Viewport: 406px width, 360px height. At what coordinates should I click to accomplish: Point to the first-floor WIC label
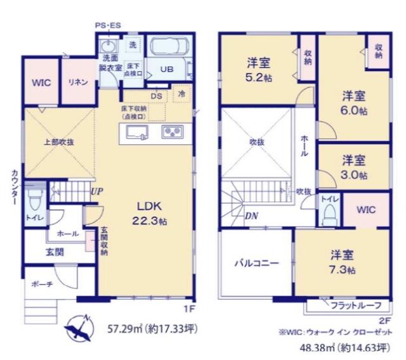[42, 83]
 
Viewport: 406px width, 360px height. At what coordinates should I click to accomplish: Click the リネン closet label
[77, 83]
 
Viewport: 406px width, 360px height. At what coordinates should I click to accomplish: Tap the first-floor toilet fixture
[36, 201]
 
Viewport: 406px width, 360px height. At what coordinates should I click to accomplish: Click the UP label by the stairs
[96, 190]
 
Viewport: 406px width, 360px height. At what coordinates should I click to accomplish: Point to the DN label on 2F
[251, 215]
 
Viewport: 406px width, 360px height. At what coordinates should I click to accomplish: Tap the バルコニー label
[256, 264]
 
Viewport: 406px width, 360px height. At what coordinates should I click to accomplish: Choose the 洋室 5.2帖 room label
[259, 70]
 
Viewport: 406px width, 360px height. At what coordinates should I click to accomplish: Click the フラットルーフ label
[355, 305]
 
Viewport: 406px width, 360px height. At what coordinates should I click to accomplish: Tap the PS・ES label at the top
[108, 25]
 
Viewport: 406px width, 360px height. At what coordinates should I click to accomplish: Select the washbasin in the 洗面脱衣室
[108, 46]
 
